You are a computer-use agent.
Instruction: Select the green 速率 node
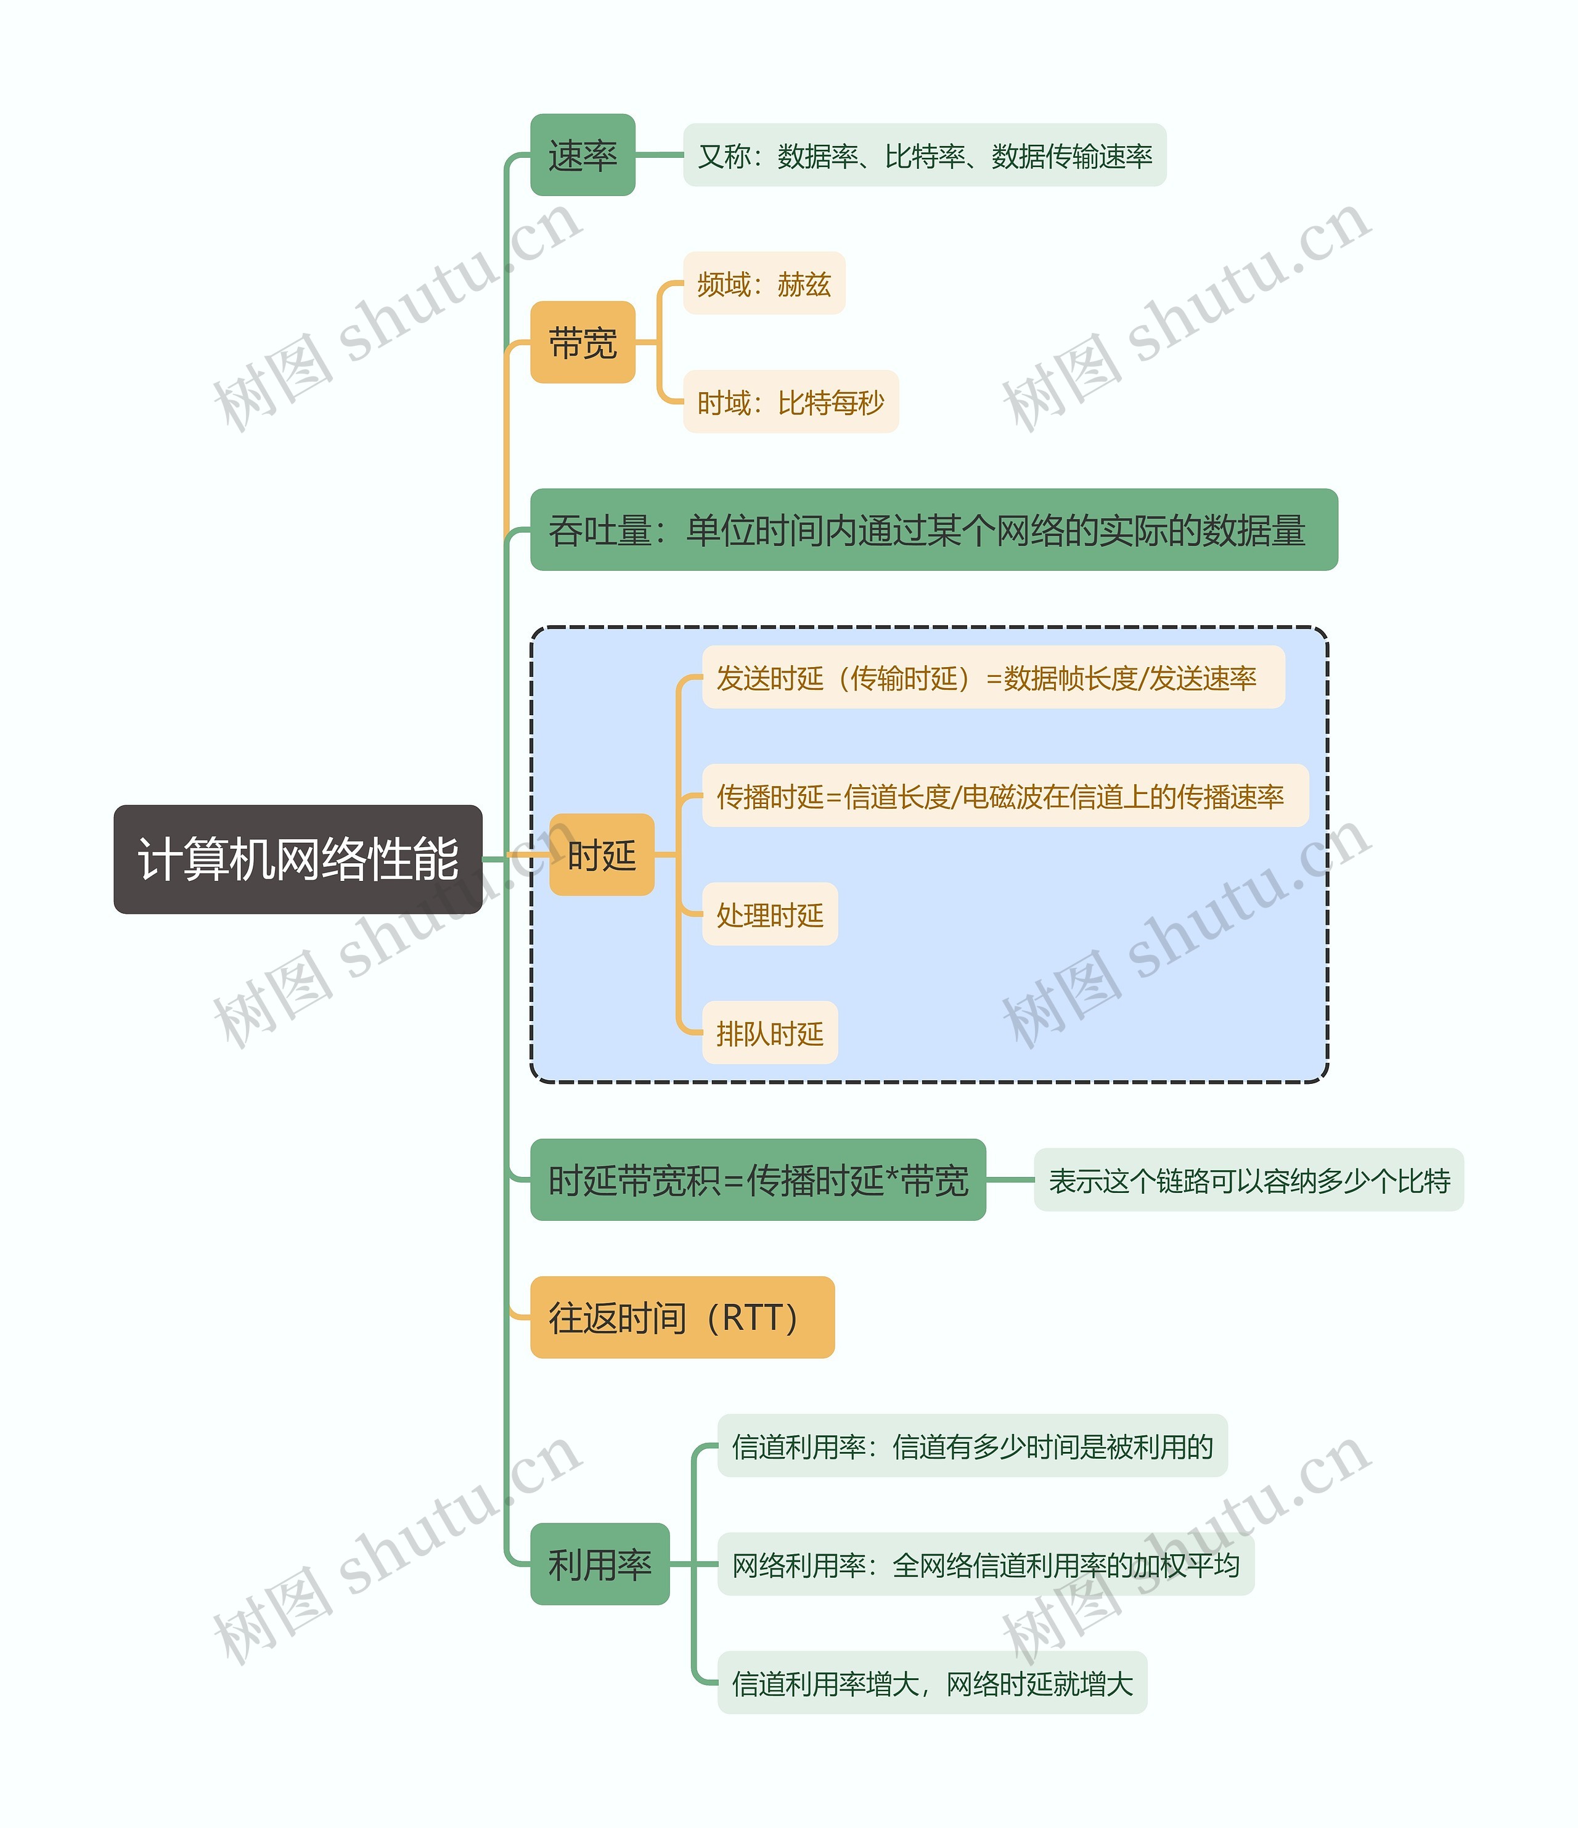(x=582, y=155)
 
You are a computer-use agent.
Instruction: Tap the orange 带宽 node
(x=582, y=342)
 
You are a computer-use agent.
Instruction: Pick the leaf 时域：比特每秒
(x=790, y=403)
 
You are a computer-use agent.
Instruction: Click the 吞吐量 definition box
(x=933, y=530)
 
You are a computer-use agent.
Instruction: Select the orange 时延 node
(x=602, y=855)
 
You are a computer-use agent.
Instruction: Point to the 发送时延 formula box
(x=992, y=678)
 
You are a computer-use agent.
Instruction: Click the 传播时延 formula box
(x=1005, y=796)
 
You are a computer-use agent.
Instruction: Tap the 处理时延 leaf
(x=769, y=915)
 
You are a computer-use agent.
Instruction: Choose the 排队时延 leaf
(x=769, y=1033)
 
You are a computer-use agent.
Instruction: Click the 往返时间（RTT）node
(x=682, y=1317)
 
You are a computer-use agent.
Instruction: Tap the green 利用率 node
(x=600, y=1564)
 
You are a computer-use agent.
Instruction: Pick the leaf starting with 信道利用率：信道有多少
(x=972, y=1446)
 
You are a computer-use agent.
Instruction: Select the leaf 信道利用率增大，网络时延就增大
(x=931, y=1683)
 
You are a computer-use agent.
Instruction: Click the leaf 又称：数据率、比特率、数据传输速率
(x=925, y=155)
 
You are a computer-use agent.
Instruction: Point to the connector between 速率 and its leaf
(x=659, y=155)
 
